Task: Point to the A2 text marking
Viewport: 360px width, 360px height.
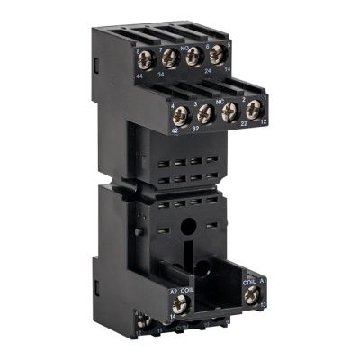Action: click(x=174, y=290)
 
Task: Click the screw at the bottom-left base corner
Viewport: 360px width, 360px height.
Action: click(x=142, y=321)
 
